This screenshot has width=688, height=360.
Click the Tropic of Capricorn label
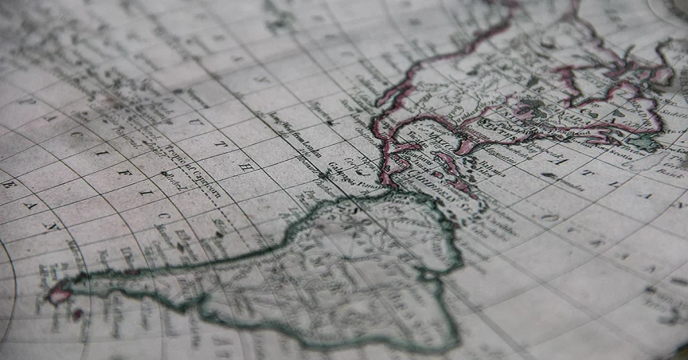click(193, 171)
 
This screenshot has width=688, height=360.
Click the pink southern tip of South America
click(58, 293)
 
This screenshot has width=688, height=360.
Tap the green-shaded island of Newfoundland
click(645, 142)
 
